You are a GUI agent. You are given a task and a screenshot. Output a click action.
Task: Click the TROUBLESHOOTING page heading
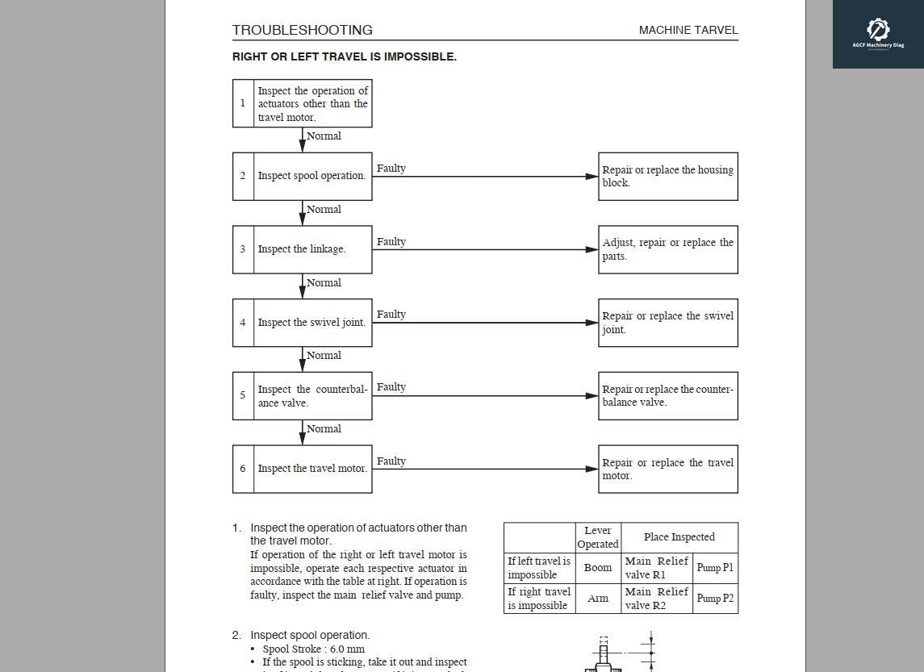coord(302,30)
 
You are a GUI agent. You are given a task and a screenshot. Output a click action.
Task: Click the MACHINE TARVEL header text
coord(688,30)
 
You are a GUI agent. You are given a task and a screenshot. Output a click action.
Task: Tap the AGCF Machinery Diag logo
coord(878,34)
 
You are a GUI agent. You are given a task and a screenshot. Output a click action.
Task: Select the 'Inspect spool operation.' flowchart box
coord(312,176)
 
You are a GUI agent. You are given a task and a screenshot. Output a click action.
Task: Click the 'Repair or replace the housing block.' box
coord(667,176)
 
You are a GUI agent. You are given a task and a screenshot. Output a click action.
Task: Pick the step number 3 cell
coord(243,249)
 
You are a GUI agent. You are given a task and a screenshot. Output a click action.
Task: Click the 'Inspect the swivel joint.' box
coord(312,323)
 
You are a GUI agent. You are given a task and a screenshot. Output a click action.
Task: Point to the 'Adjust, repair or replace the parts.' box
coord(667,249)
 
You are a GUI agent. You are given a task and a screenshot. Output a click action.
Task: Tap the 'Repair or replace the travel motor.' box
coord(667,469)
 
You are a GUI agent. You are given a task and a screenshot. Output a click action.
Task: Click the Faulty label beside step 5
coord(391,387)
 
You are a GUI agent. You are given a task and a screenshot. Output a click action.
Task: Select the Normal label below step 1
coord(324,136)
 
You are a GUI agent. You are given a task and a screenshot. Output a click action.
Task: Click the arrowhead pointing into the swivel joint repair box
coord(592,323)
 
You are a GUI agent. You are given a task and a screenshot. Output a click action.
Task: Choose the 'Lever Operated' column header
coord(598,537)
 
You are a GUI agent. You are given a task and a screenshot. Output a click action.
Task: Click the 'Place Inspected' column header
coord(679,537)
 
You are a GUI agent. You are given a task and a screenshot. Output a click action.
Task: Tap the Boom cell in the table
coord(598,568)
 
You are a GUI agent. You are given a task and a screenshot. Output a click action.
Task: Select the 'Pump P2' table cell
coord(715,599)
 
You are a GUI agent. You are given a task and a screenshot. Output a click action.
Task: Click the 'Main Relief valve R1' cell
coord(656,568)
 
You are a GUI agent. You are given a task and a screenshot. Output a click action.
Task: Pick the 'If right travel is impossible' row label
coord(539,599)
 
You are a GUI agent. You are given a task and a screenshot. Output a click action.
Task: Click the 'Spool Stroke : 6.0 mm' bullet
coord(313,649)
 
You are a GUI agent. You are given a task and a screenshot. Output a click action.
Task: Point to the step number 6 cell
coord(243,469)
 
